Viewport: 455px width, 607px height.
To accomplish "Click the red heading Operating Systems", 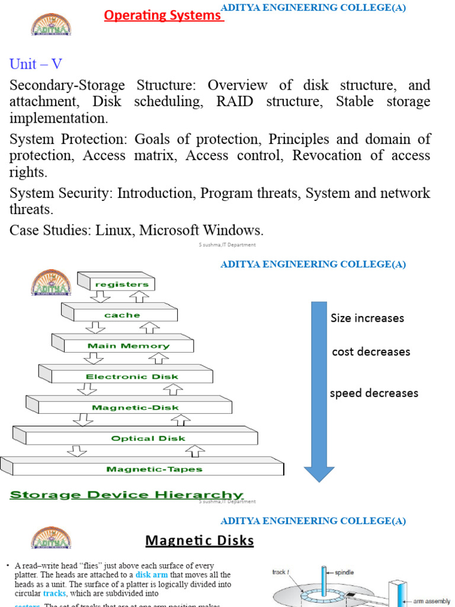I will point(163,15).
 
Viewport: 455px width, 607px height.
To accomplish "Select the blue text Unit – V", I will point(36,64).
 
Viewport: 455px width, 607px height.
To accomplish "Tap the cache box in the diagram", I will point(122,315).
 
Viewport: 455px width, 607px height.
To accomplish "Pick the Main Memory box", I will point(128,346).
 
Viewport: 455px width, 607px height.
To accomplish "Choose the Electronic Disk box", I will point(132,376).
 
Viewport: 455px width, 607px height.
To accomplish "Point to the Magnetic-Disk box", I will point(135,407).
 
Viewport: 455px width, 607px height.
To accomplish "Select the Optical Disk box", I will point(148,439).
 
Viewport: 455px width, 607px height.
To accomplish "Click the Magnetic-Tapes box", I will point(154,469).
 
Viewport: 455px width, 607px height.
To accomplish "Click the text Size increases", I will point(367,318).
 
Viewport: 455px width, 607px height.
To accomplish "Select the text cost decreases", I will point(371,352).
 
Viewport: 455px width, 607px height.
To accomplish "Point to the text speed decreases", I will point(374,393).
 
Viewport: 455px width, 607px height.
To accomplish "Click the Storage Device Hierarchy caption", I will point(127,496).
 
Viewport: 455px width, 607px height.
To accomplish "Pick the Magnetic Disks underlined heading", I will point(200,541).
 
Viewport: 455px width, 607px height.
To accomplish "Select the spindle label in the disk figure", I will point(345,573).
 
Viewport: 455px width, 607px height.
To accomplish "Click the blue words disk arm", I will point(152,575).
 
